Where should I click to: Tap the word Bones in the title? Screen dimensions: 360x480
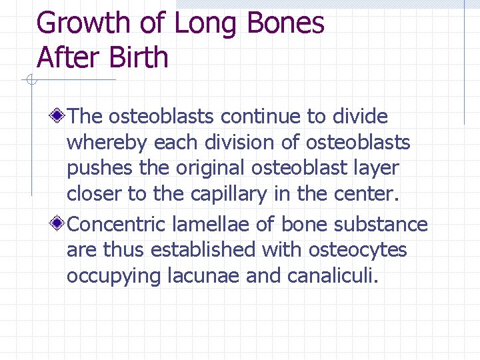click(x=285, y=23)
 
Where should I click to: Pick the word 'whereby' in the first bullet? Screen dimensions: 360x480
click(x=107, y=143)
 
